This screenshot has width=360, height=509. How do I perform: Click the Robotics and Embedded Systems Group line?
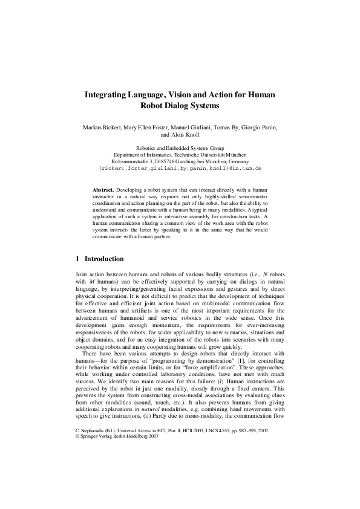pyautogui.click(x=180, y=148)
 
